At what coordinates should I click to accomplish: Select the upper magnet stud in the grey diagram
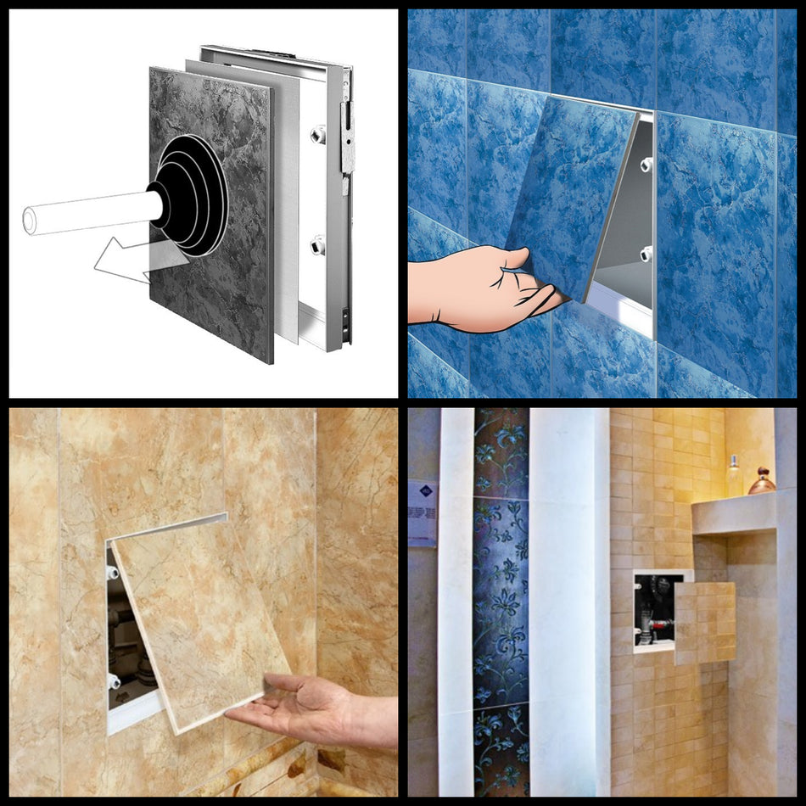(x=318, y=134)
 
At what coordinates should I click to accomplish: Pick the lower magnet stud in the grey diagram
(x=318, y=246)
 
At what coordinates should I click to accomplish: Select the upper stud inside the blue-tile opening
(x=646, y=163)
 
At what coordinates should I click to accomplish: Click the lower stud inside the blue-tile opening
(x=646, y=253)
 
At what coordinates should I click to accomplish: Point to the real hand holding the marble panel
(x=314, y=708)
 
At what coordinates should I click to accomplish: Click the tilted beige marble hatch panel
(x=199, y=619)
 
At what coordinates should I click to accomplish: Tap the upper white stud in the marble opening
(x=114, y=572)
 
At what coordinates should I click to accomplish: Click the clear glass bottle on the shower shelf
(x=732, y=476)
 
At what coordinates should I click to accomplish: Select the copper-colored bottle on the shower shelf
(x=761, y=481)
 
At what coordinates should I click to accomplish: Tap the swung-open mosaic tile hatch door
(x=705, y=621)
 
